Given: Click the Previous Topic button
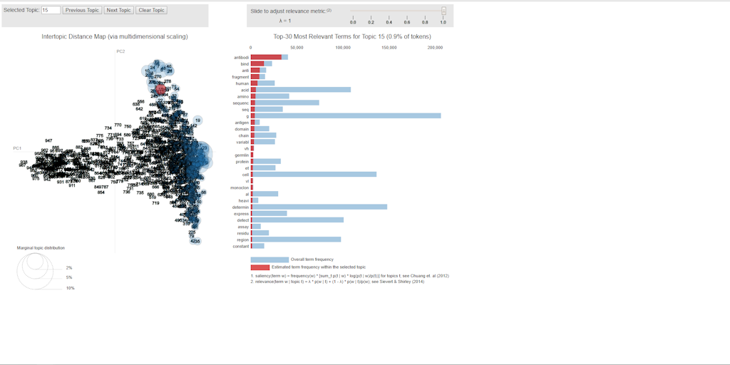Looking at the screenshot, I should click(x=82, y=11).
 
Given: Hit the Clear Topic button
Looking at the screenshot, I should click(x=151, y=11).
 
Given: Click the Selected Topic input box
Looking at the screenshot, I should click(x=51, y=11).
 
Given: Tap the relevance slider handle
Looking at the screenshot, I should click(x=443, y=11).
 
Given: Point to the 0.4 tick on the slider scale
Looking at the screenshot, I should click(x=389, y=22).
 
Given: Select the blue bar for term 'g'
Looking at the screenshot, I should click(x=346, y=115).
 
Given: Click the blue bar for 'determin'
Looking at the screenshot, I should click(x=319, y=207).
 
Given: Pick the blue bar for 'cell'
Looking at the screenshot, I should click(x=313, y=174).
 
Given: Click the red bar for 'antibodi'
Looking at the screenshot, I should click(x=266, y=57).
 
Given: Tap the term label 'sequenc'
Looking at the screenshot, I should click(x=240, y=103).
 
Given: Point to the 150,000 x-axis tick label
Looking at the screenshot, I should click(x=389, y=48).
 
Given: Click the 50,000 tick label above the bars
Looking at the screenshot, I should click(x=297, y=48).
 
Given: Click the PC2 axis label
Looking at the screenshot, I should click(x=120, y=51).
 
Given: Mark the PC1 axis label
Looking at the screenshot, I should click(x=17, y=148).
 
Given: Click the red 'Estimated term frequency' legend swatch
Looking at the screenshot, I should click(x=260, y=267).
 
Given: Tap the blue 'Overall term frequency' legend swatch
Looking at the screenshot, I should click(x=269, y=259).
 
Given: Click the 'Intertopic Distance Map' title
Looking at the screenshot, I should click(x=115, y=36).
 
